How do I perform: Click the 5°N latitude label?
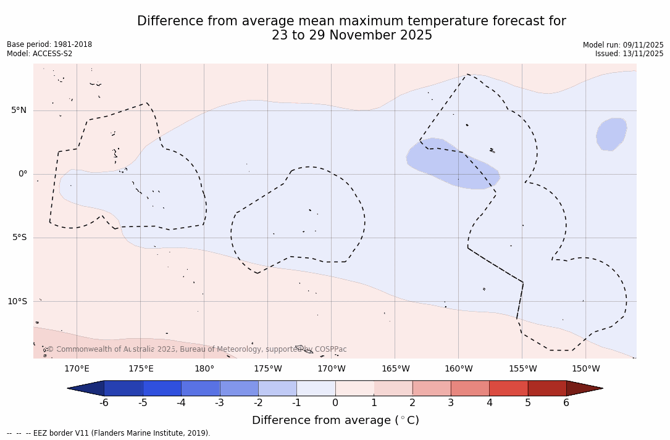[x=19, y=110]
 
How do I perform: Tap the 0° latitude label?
[x=23, y=174]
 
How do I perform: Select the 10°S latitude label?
[x=17, y=302]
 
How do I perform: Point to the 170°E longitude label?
[x=77, y=369]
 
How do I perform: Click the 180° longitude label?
[x=204, y=369]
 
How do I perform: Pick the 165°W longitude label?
[x=395, y=369]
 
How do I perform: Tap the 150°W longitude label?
[x=585, y=369]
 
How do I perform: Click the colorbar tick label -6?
[x=104, y=403]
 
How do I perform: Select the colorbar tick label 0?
[x=335, y=403]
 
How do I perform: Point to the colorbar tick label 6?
[x=566, y=403]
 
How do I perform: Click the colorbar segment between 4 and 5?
[x=508, y=388]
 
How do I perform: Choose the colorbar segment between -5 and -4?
[x=162, y=388]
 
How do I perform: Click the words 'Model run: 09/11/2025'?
[x=622, y=45]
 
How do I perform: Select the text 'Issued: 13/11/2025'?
[x=629, y=54]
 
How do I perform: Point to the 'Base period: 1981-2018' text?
[x=49, y=44]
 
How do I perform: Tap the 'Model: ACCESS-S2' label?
[x=40, y=54]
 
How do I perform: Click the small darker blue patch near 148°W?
[x=611, y=134]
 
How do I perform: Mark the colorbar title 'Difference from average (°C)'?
[x=335, y=420]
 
